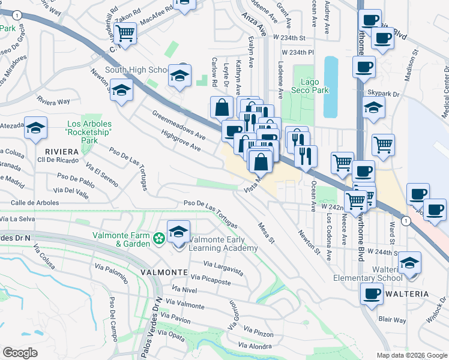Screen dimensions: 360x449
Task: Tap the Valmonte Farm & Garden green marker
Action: (x=158, y=239)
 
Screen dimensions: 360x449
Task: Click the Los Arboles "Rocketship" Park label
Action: (x=89, y=132)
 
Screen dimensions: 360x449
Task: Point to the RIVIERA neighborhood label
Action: (x=61, y=151)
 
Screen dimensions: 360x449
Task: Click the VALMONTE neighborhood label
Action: (x=164, y=272)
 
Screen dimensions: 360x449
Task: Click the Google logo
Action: (x=20, y=353)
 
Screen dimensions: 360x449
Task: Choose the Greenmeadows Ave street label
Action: (x=179, y=125)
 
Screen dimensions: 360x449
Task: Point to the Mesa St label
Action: (x=265, y=232)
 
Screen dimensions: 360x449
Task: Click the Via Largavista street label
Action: (x=223, y=268)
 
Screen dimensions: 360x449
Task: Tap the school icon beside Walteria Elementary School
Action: (x=409, y=262)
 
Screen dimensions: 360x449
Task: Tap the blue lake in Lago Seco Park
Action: (x=331, y=86)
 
